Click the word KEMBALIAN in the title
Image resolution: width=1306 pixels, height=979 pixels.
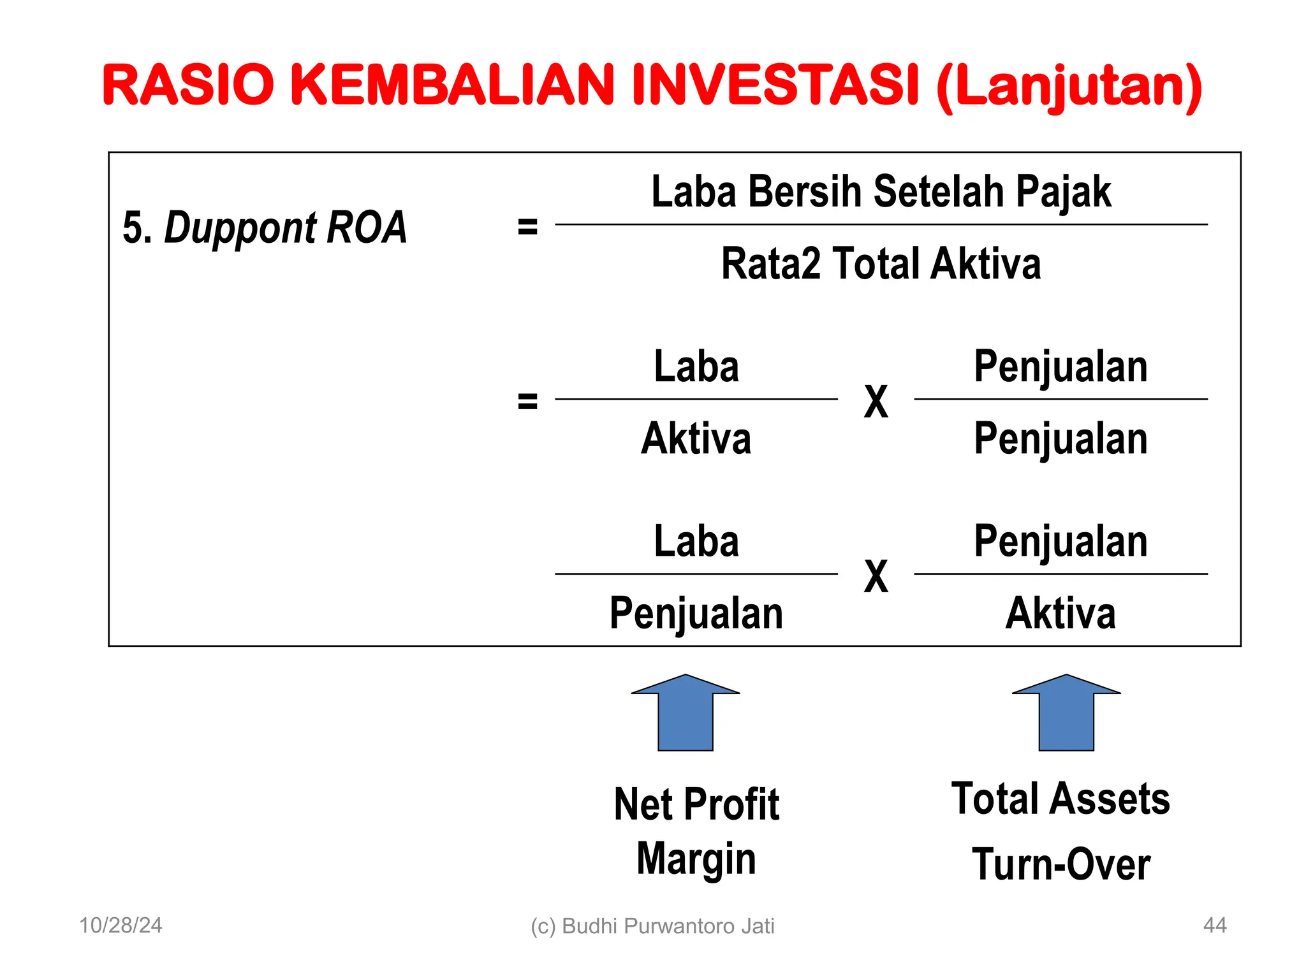pos(452,85)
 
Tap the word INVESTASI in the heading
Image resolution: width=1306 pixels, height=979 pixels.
pos(775,85)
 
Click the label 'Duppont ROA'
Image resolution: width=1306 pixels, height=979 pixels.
pos(285,228)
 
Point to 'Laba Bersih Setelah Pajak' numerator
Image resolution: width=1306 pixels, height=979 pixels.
pos(881,191)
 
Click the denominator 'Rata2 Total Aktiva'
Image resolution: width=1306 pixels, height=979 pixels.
pos(881,264)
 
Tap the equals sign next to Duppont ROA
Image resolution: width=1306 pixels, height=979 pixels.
pos(527,226)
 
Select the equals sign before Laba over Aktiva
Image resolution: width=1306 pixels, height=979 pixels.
pos(527,401)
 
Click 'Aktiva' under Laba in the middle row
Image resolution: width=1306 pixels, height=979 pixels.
pos(696,439)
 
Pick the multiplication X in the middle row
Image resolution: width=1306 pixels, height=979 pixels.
pos(876,402)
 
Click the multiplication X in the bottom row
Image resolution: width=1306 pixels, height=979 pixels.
pos(876,577)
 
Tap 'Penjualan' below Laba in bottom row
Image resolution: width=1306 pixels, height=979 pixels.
pos(696,613)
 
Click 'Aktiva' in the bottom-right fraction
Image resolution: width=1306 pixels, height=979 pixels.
pos(1060,613)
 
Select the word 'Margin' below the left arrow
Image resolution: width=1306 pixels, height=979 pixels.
pos(696,859)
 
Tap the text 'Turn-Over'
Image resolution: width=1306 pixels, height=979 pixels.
pos(1061,865)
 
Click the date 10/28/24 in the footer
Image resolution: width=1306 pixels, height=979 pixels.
pos(121,925)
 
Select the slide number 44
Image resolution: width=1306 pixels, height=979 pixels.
pos(1214,925)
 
